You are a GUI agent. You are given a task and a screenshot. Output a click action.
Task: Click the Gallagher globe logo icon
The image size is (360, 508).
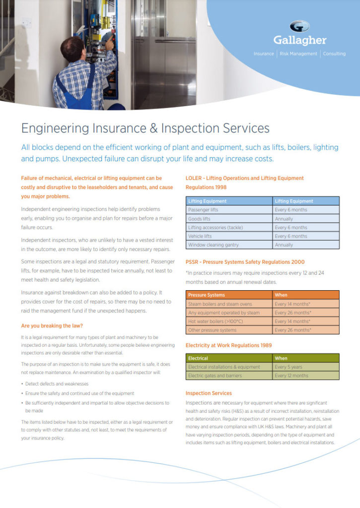pyautogui.click(x=299, y=27)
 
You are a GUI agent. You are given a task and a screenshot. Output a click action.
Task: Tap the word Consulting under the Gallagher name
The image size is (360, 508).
pyautogui.click(x=334, y=54)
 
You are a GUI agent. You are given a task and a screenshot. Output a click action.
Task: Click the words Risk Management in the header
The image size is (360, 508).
pyautogui.click(x=298, y=54)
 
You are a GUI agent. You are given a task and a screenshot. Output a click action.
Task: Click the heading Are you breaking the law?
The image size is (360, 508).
pyautogui.click(x=52, y=326)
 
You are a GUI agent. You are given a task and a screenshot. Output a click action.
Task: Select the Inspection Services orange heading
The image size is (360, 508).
pyautogui.click(x=209, y=393)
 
